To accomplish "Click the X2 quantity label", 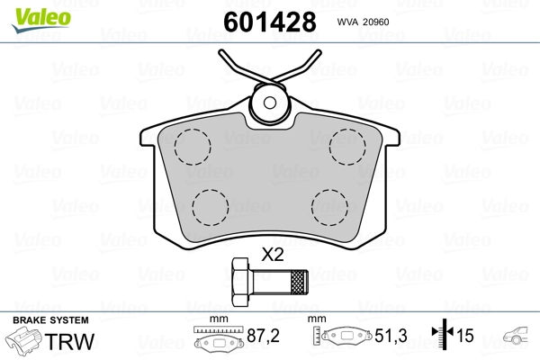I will [272, 256].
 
